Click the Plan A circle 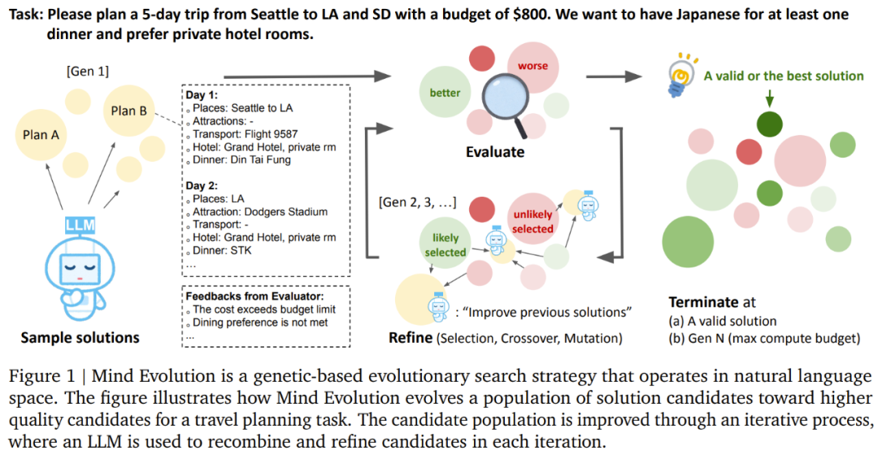41,134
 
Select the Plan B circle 128,111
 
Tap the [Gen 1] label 87,72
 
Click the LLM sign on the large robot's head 80,225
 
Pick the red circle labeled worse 532,67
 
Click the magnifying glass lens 502,100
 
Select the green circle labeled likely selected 446,245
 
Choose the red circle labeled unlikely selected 532,221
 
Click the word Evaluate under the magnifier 496,152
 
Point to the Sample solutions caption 80,337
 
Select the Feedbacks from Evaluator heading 254,296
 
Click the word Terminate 703,302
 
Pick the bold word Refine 411,337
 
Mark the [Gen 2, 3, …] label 417,202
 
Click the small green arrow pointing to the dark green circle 769,98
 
